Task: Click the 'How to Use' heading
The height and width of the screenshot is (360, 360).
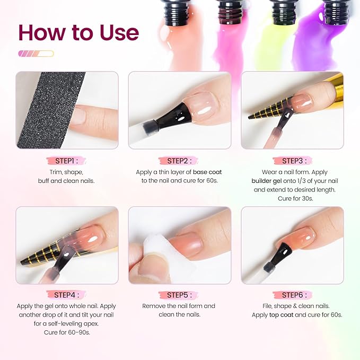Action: (78, 32)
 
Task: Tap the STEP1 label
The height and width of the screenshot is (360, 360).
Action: (66, 161)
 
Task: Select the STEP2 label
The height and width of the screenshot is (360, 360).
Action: (179, 161)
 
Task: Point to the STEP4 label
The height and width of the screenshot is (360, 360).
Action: (66, 295)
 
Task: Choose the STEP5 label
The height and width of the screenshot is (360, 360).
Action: (179, 295)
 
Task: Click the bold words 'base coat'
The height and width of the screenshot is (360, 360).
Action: (208, 172)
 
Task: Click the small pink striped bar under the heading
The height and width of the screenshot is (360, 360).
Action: (36, 54)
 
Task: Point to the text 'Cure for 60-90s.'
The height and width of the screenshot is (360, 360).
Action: (66, 332)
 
